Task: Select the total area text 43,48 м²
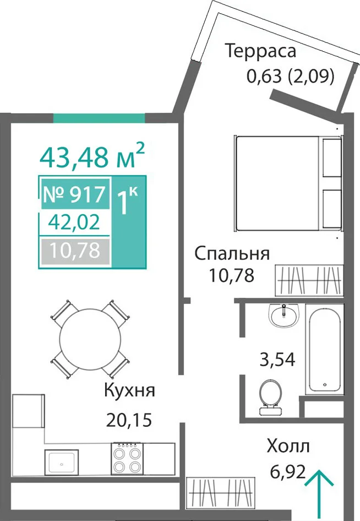pos(92,155)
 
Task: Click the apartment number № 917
pos(75,194)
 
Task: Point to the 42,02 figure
pos(74,221)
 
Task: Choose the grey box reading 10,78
pos(75,250)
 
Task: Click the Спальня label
pos(232,253)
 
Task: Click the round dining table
pos(90,339)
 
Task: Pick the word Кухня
pos(129,390)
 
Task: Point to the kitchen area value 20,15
pos(129,420)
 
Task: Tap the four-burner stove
pos(127,459)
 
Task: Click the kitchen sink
pos(62,463)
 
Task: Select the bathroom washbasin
pos(284,316)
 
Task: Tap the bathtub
pos(324,349)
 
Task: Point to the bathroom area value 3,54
pos(277,359)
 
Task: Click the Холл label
pos(288,446)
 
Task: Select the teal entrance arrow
pos(319,495)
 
